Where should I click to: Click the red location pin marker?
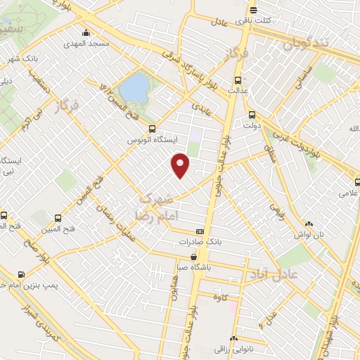point(181,165)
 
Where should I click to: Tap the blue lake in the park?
point(134,89)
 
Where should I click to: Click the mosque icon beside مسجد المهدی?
point(86,32)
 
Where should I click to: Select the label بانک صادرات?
point(200,242)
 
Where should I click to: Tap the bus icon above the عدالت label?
point(238,79)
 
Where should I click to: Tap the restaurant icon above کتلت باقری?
point(252,10)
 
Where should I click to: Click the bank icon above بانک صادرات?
point(200,231)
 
